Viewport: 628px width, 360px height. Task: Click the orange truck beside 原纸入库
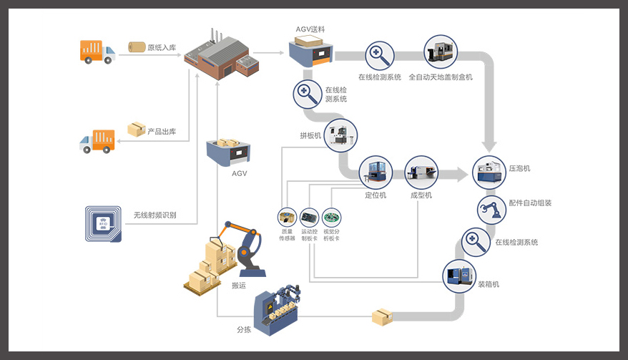pyautogui.click(x=97, y=52)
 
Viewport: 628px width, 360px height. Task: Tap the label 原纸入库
pyautogui.click(x=162, y=48)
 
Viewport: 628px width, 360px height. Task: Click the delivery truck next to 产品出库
pyautogui.click(x=97, y=140)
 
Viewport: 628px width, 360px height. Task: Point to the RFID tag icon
pyautogui.click(x=102, y=223)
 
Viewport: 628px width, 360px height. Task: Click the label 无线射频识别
pyautogui.click(x=154, y=215)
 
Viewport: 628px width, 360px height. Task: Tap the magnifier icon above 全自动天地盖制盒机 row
pyautogui.click(x=379, y=55)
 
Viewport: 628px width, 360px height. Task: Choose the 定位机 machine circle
pyautogui.click(x=376, y=172)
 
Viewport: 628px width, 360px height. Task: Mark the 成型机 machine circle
pyautogui.click(x=421, y=172)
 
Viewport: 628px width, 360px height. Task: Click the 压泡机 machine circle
pyautogui.click(x=489, y=172)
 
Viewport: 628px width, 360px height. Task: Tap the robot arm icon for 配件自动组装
pyautogui.click(x=491, y=210)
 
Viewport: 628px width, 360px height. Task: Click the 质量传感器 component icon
pyautogui.click(x=287, y=218)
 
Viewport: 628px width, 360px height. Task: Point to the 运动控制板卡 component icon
pyautogui.click(x=309, y=218)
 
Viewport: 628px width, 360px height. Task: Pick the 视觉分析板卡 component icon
pyautogui.click(x=332, y=218)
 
